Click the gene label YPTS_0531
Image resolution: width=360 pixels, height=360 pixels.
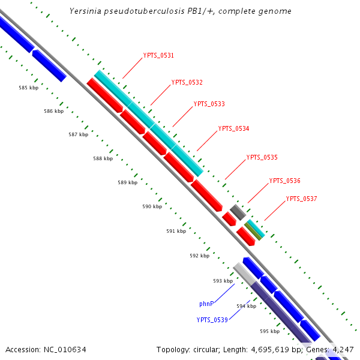point(158,55)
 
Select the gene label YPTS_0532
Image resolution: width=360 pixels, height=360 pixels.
point(187,82)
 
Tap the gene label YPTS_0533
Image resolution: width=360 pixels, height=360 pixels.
point(209,104)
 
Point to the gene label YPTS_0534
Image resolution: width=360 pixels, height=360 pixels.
point(233,128)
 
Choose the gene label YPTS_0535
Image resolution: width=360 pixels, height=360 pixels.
point(262,157)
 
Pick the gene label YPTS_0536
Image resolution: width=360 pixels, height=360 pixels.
point(284,181)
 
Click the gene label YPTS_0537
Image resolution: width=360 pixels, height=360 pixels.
point(301,199)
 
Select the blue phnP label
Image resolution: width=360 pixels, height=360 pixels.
point(206,304)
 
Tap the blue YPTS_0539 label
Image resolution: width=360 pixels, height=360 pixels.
point(212,320)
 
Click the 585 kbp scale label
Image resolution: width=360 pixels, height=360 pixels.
point(28,88)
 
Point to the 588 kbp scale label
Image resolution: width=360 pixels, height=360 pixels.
point(103,158)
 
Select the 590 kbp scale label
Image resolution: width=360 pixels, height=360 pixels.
point(152,206)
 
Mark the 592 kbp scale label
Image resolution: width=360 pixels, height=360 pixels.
point(199,256)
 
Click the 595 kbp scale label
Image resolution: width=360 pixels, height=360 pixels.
point(269,331)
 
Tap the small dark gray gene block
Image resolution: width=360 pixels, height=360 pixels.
point(238,212)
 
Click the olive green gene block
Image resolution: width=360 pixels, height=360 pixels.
point(253,230)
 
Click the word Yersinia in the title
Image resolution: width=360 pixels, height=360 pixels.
point(85,11)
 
